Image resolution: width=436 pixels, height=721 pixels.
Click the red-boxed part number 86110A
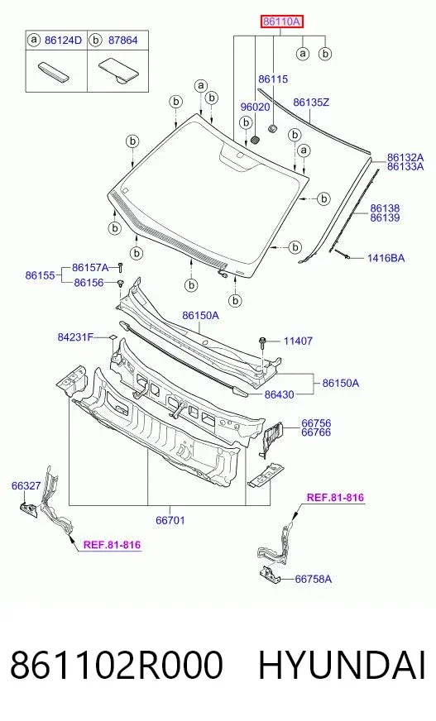[x=282, y=21]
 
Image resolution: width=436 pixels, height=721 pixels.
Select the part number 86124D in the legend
[x=63, y=41]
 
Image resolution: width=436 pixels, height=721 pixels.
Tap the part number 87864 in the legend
[x=122, y=41]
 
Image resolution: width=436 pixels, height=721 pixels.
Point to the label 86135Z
[x=311, y=102]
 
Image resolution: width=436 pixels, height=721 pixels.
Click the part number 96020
[x=256, y=107]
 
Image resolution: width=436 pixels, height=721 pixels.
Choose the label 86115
[x=273, y=79]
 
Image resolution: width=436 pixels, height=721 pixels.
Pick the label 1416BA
[x=386, y=258]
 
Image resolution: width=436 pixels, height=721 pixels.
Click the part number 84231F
[x=75, y=337]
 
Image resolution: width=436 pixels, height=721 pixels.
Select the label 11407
[x=298, y=341]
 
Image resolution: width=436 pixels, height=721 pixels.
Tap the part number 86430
[x=279, y=394]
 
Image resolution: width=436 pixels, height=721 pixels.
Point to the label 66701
[x=170, y=520]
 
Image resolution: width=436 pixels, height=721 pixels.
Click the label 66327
[x=26, y=485]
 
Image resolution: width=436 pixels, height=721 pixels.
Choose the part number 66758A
[x=314, y=579]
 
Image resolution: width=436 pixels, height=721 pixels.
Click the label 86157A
[x=90, y=268]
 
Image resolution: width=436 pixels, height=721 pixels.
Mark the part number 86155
[x=40, y=275]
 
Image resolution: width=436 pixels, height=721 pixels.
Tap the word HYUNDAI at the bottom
[x=342, y=665]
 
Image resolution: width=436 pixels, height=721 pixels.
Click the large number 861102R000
[x=117, y=665]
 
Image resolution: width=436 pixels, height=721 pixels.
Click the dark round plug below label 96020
[x=256, y=140]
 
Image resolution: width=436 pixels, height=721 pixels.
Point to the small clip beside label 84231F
[x=112, y=338]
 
